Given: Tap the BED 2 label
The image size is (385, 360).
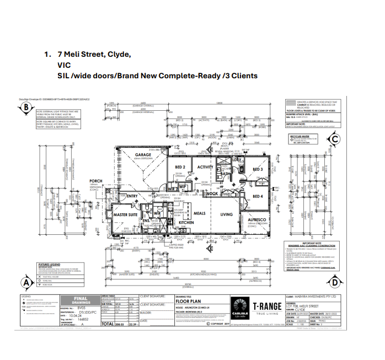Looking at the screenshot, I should (x=180, y=167).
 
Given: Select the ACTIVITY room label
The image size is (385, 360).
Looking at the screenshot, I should (x=205, y=167).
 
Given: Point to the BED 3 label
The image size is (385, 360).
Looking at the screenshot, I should (x=258, y=169).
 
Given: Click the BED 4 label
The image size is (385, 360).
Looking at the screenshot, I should (x=258, y=196).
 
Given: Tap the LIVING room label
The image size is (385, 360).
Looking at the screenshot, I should (x=227, y=214).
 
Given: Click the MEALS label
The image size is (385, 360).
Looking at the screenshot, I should (x=199, y=213).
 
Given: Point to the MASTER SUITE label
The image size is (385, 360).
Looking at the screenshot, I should (x=125, y=214).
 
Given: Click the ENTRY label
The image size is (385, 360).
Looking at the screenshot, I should (x=132, y=196).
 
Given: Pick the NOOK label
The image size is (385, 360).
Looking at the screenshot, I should (x=212, y=193).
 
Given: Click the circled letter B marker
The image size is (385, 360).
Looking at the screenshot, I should (x=25, y=108).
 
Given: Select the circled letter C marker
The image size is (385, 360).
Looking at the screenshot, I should (x=334, y=139).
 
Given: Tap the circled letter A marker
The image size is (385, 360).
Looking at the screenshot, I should (x=25, y=283).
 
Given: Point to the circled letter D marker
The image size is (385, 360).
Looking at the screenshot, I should (x=334, y=283).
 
